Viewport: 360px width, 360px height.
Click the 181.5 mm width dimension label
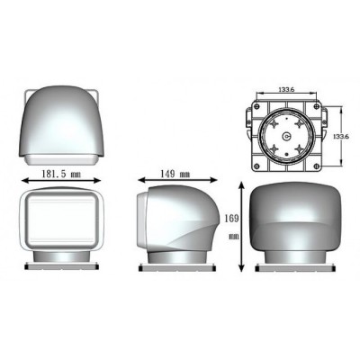61,174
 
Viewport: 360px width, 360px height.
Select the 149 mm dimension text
175,174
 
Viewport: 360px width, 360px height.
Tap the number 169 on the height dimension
231,219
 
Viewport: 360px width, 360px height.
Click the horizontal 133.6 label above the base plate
286,89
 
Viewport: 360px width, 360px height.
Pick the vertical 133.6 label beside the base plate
341,136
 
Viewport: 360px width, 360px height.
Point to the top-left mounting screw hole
256,106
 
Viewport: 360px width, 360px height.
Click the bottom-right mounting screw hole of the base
316,166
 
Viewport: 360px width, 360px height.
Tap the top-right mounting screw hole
316,106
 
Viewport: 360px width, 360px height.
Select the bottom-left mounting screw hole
256,166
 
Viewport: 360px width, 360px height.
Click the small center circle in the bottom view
286,137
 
